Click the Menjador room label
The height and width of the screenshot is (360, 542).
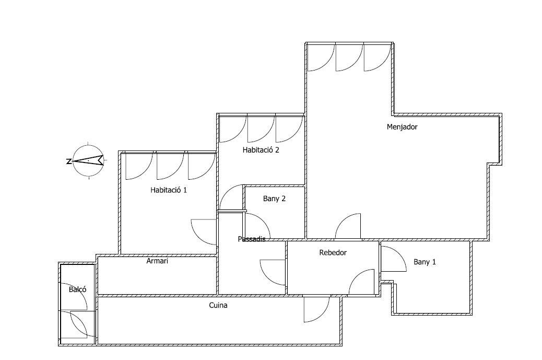click(x=402, y=127)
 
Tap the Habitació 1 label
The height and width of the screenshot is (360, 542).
click(x=169, y=190)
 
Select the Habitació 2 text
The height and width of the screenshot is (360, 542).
click(x=261, y=150)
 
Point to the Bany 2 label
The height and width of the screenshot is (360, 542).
click(x=274, y=199)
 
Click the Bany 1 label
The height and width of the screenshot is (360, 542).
click(x=425, y=262)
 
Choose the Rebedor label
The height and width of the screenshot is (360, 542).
click(x=333, y=252)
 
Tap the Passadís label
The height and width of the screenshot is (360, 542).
click(x=252, y=239)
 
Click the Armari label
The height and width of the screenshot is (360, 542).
click(x=157, y=261)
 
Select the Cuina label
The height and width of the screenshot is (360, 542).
click(x=218, y=305)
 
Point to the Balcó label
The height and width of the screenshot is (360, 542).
click(x=77, y=289)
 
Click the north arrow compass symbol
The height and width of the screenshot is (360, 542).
click(x=88, y=160)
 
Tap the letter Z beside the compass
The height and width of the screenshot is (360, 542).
click(x=68, y=161)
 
